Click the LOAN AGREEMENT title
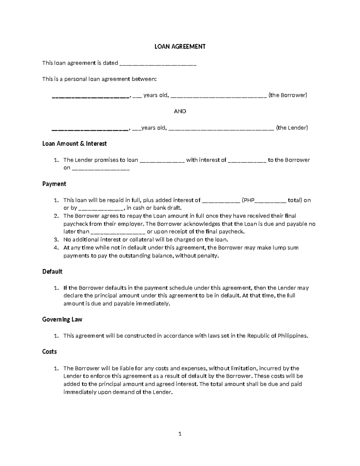(x=180, y=47)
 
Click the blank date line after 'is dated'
(x=158, y=63)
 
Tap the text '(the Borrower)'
(x=288, y=95)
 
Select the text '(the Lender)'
(x=292, y=128)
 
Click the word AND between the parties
(x=180, y=111)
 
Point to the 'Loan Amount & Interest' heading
(x=74, y=144)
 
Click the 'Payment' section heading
(x=54, y=184)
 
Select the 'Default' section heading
(x=52, y=272)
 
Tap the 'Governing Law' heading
(x=62, y=320)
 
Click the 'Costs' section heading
(x=49, y=352)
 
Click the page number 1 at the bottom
(x=180, y=434)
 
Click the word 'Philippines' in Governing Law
(x=292, y=336)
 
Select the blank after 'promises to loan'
(x=162, y=161)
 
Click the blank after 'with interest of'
(x=247, y=161)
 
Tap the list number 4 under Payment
(x=55, y=248)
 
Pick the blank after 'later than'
(x=118, y=232)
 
